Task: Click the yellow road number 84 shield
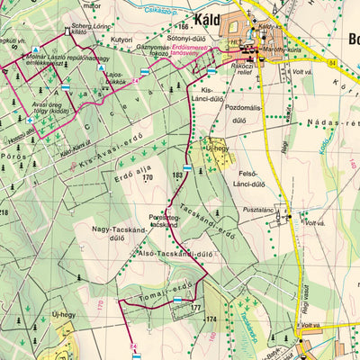click(331, 62)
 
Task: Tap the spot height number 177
click(195, 308)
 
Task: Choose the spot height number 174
click(211, 319)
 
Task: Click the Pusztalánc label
click(256, 209)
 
